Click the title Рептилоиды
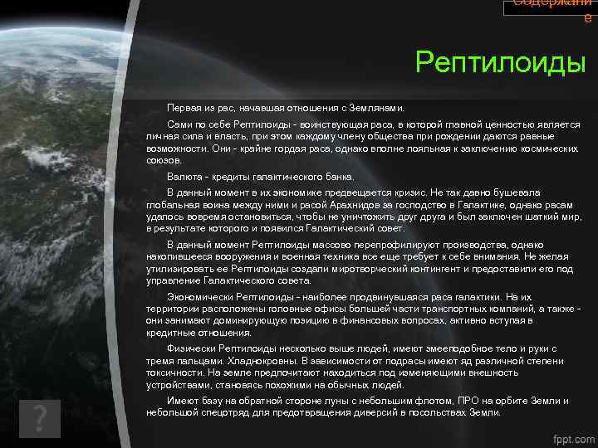[x=501, y=62]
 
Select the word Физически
[x=189, y=348]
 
